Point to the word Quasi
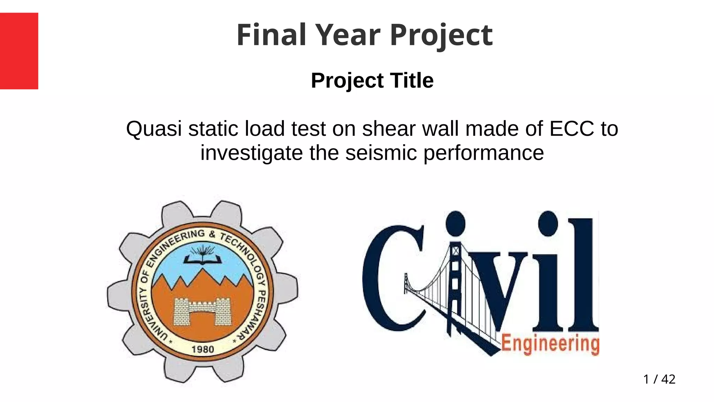pyautogui.click(x=154, y=129)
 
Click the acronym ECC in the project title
pyautogui.click(x=571, y=128)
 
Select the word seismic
pyautogui.click(x=381, y=153)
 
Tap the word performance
pyautogui.click(x=484, y=154)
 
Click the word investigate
pyautogui.click(x=251, y=154)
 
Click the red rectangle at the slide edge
pyautogui.click(x=19, y=51)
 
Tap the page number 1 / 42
pyautogui.click(x=659, y=379)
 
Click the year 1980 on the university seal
pyautogui.click(x=203, y=349)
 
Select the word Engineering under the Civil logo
pyautogui.click(x=550, y=344)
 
